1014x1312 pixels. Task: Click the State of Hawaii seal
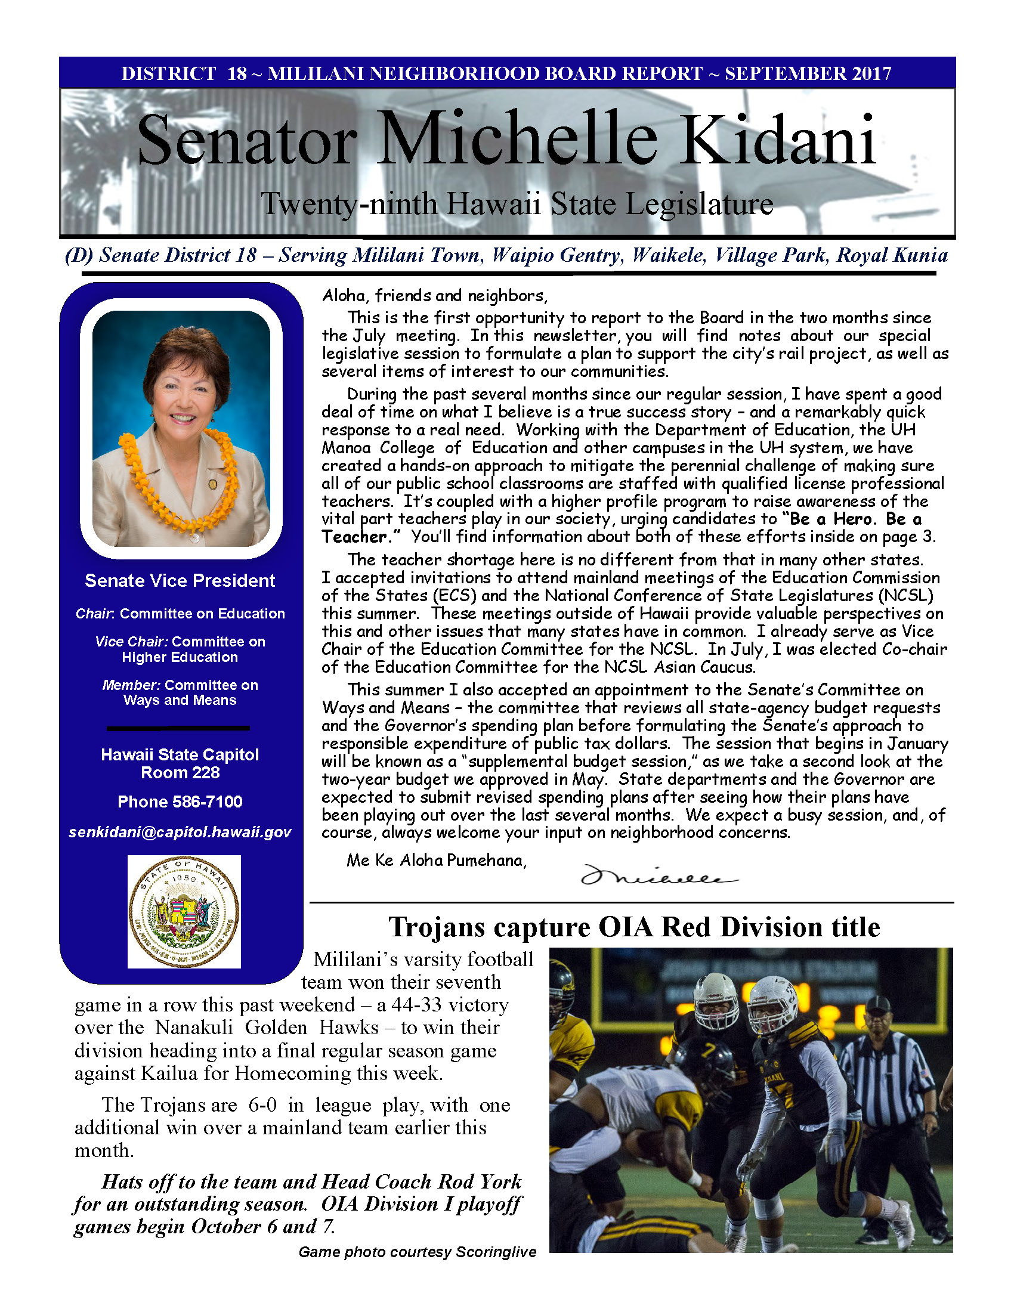pos(184,911)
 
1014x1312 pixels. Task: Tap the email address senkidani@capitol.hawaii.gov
pos(180,832)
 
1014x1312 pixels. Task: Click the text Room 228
pos(180,772)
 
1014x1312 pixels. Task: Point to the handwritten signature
pos(658,878)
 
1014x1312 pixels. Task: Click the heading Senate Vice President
pos(180,580)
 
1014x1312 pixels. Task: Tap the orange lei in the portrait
pos(180,481)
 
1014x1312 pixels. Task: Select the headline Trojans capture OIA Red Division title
pos(633,927)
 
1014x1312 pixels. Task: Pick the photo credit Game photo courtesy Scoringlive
pos(417,1252)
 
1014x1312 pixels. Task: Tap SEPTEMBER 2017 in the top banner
pos(808,73)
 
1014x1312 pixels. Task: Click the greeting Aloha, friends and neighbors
pos(434,296)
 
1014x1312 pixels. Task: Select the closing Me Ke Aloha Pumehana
pos(436,860)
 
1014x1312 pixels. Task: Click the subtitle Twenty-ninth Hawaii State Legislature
pos(517,204)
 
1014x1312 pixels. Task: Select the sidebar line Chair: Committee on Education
pos(180,613)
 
